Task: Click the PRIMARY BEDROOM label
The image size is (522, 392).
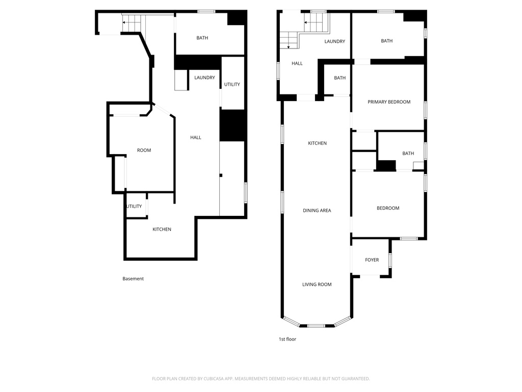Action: tap(389, 102)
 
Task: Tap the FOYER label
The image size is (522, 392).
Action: tap(372, 260)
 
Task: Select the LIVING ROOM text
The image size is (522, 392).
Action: tap(317, 285)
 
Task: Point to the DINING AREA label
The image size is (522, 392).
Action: tap(317, 210)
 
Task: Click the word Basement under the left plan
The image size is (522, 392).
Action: tap(133, 279)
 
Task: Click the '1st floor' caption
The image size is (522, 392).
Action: tap(287, 339)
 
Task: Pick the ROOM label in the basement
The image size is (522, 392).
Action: tap(144, 151)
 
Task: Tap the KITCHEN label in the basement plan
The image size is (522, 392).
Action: tap(162, 230)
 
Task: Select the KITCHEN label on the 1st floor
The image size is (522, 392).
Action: tap(317, 143)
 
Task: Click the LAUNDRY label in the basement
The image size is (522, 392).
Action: tap(204, 78)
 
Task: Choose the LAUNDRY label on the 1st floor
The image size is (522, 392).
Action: tap(334, 42)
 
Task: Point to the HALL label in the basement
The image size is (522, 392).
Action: tap(195, 137)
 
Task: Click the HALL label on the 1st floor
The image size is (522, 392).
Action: tap(297, 64)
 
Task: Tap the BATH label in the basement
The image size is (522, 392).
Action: tap(202, 38)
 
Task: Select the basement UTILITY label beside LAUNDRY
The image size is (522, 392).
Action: tap(232, 84)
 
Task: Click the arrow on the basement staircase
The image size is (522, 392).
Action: tap(124, 22)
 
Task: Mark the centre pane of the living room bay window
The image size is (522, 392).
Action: tap(316, 326)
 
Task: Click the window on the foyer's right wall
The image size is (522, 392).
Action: tap(390, 260)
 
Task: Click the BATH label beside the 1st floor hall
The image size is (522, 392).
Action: tap(340, 78)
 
